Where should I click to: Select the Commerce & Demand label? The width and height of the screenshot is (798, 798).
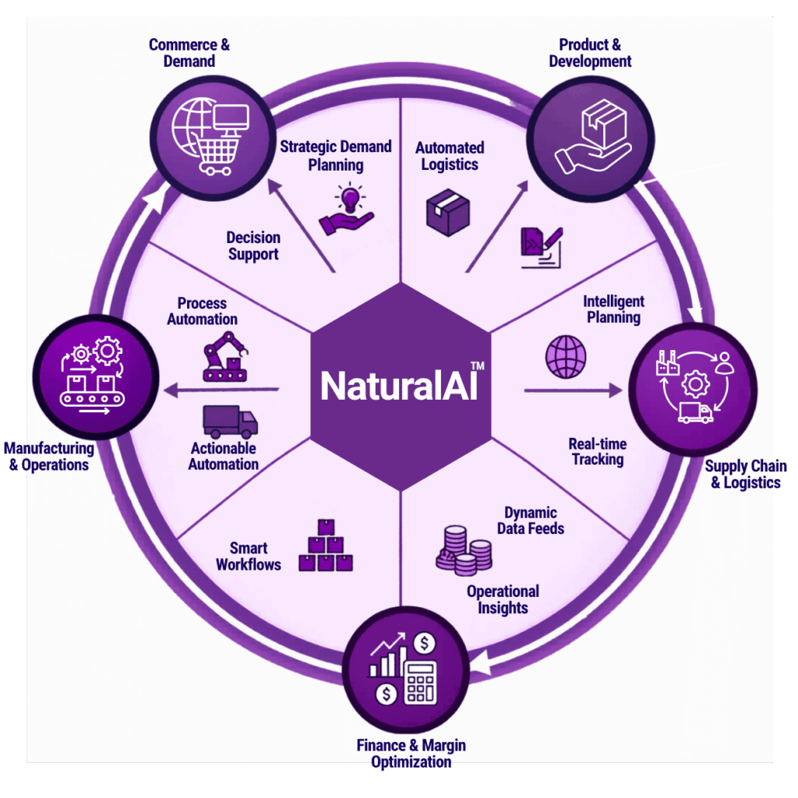pos(189,52)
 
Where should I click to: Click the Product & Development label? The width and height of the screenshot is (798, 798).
pos(590,52)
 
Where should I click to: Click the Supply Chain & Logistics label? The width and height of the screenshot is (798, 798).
pos(745,475)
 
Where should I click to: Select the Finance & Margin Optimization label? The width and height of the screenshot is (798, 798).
pos(411,753)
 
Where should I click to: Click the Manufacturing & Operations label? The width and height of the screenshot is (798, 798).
pos(49,457)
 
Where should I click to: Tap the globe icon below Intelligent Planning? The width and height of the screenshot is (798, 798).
pos(566,358)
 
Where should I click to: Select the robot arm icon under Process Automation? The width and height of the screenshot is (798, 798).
pos(224,356)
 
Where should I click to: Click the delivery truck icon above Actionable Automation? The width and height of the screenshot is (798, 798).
pos(230,422)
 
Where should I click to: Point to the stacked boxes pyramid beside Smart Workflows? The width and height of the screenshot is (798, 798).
pos(326,546)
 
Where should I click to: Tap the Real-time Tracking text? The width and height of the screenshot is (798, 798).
pos(598,451)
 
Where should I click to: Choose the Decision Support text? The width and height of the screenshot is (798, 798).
pos(253,245)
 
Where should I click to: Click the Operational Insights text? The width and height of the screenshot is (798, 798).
pos(503,599)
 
